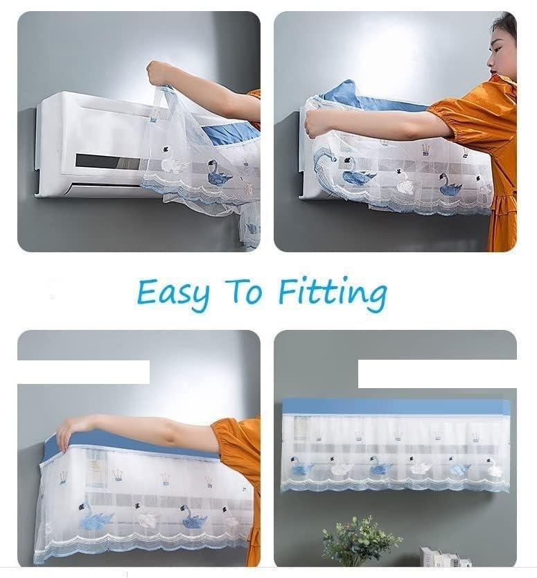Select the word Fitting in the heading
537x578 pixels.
click(x=333, y=293)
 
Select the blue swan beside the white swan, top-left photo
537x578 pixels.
click(x=218, y=173)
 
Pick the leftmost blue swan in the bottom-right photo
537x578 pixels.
click(x=301, y=466)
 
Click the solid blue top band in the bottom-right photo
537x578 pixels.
click(x=396, y=407)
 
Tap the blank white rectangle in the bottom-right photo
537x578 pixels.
click(x=437, y=374)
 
